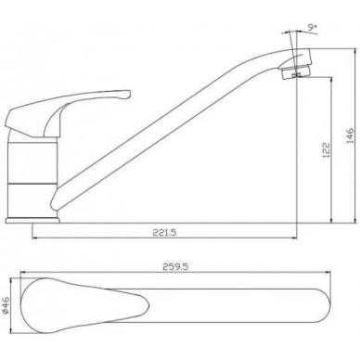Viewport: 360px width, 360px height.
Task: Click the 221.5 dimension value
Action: point(164,232)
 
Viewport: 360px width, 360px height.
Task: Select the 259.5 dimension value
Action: point(175,266)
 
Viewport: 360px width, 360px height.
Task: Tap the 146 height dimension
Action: point(350,135)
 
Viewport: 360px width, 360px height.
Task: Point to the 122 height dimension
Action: point(327,149)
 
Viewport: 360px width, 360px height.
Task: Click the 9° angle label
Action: point(313,27)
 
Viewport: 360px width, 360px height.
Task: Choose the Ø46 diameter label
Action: point(6,305)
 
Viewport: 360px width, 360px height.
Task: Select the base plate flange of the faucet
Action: point(32,220)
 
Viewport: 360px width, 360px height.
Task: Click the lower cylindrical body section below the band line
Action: point(31,200)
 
